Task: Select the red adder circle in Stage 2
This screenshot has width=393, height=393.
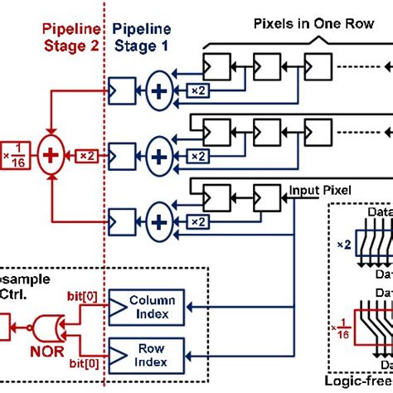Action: [53, 154]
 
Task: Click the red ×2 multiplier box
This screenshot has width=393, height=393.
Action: [86, 155]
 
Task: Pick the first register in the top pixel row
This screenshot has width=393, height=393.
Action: [214, 63]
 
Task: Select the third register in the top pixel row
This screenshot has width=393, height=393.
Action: [318, 63]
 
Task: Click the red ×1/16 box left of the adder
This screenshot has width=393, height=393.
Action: [12, 154]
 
